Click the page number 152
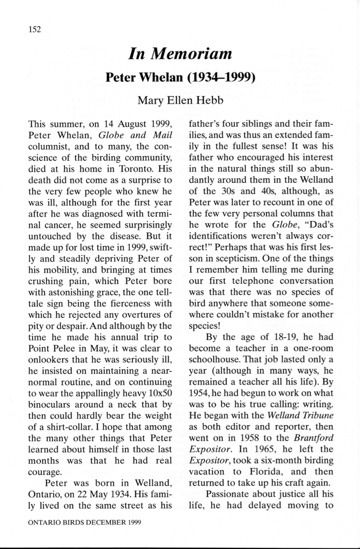coord(34,29)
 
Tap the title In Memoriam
coord(180,54)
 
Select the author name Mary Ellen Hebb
coord(180,100)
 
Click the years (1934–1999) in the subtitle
coord(220,78)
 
